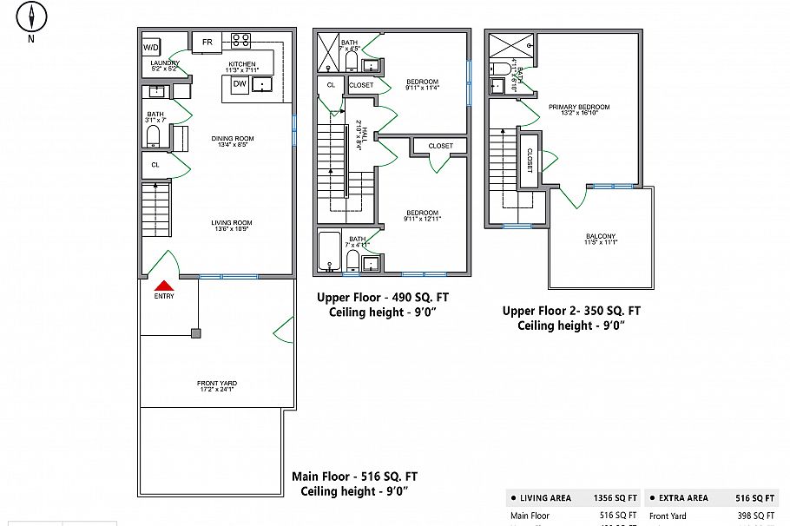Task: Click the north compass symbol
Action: [x=32, y=17]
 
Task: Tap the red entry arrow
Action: [x=164, y=285]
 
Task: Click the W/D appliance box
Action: [x=151, y=47]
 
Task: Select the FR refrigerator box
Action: [x=207, y=42]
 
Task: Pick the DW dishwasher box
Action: [x=238, y=84]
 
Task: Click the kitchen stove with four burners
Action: [x=240, y=40]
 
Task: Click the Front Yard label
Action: [x=217, y=384]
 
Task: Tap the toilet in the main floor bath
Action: [x=154, y=135]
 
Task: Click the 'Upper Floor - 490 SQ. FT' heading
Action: [x=383, y=297]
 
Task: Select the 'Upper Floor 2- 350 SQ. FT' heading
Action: [x=571, y=311]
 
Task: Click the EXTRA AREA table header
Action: [x=684, y=498]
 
